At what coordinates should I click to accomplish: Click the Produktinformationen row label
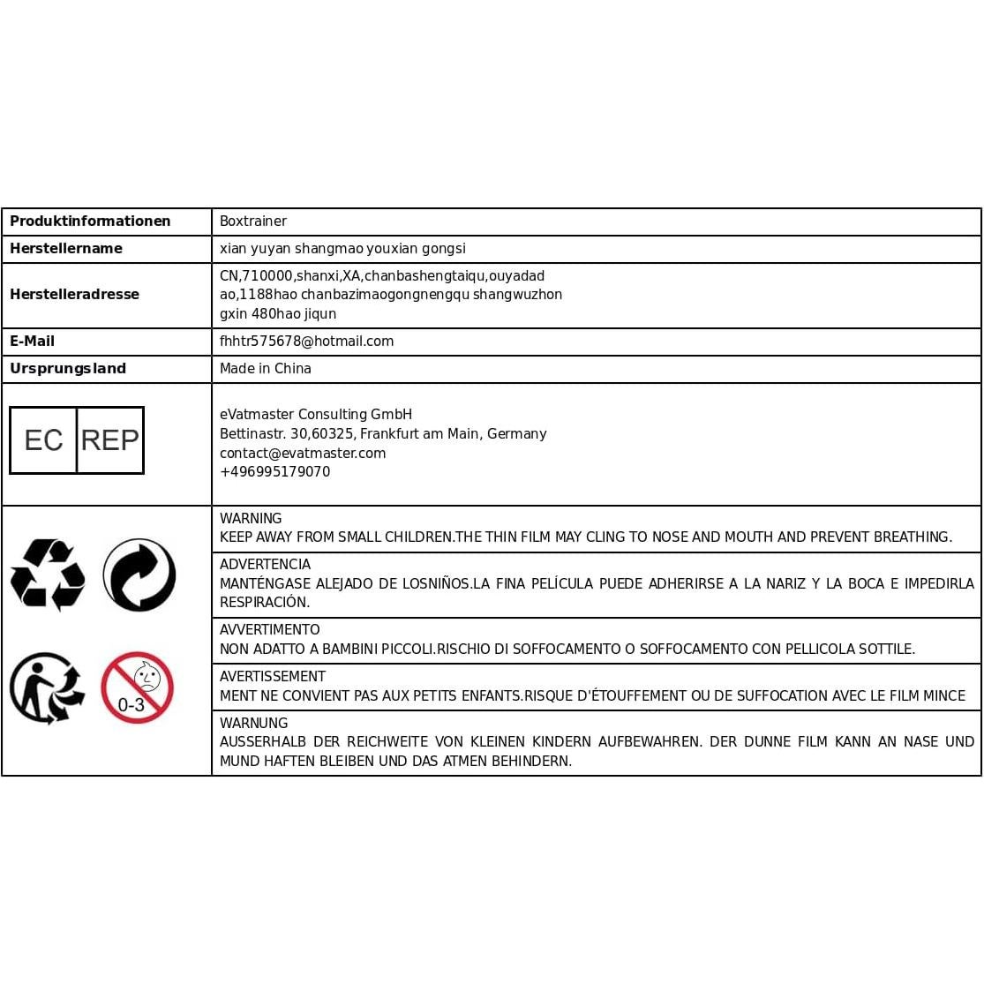[x=90, y=222]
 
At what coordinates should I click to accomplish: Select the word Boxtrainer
[x=253, y=222]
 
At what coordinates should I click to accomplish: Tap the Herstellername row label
[x=66, y=249]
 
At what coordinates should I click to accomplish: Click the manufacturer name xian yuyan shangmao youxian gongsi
[x=342, y=249]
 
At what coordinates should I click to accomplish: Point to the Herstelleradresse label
[x=74, y=295]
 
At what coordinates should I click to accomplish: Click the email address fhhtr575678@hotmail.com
[x=306, y=342]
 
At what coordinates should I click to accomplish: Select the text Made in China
[x=266, y=369]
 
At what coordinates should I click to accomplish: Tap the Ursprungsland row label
[x=68, y=369]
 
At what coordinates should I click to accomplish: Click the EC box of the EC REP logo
[x=43, y=440]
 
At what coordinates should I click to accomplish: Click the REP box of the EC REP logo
[x=110, y=440]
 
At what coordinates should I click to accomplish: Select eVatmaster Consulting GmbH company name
[x=316, y=415]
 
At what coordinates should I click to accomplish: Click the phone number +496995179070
[x=274, y=472]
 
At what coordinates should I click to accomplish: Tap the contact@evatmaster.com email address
[x=303, y=454]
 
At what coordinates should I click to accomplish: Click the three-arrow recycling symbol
[x=48, y=575]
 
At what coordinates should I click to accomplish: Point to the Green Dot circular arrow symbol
[x=139, y=575]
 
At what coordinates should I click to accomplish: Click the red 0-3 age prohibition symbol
[x=137, y=687]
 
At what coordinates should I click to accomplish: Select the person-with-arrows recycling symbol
[x=47, y=688]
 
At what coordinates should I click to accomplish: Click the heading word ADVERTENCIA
[x=265, y=565]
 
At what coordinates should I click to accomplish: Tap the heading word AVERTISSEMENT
[x=273, y=677]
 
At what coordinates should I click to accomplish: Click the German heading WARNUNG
[x=253, y=724]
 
